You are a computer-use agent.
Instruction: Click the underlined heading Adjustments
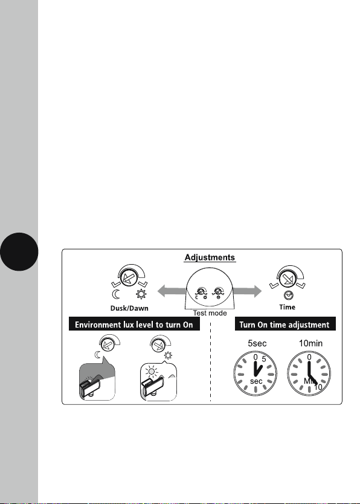pyautogui.click(x=210, y=257)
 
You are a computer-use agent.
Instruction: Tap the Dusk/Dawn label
pyautogui.click(x=129, y=308)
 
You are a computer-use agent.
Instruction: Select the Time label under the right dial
pyautogui.click(x=287, y=307)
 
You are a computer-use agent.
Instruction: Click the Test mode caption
pyautogui.click(x=210, y=313)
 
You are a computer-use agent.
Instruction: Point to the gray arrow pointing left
pyautogui.click(x=172, y=291)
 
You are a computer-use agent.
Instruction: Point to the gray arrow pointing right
pyautogui.click(x=247, y=291)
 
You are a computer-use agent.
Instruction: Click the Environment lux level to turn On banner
pyautogui.click(x=134, y=324)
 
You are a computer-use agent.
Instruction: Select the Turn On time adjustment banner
pyautogui.click(x=285, y=324)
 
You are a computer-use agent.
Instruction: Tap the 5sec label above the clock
pyautogui.click(x=257, y=343)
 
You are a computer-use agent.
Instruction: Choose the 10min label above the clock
pyautogui.click(x=310, y=343)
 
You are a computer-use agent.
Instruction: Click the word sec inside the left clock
pyautogui.click(x=256, y=381)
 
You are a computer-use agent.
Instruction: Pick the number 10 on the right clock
pyautogui.click(x=318, y=387)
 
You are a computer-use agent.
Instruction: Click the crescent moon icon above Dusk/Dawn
pyautogui.click(x=116, y=294)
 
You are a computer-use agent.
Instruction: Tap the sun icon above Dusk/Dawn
pyautogui.click(x=141, y=294)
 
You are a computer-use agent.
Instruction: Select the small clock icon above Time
pyautogui.click(x=288, y=295)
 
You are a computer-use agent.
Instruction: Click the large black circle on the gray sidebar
pyautogui.click(x=19, y=251)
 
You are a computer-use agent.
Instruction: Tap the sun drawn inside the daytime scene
pyautogui.click(x=152, y=372)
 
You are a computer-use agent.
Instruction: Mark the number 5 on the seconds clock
pyautogui.click(x=264, y=359)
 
